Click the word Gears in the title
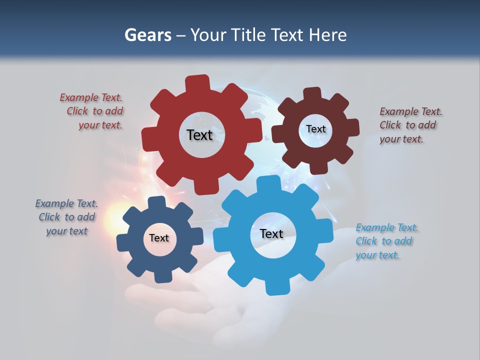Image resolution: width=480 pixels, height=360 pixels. (147, 35)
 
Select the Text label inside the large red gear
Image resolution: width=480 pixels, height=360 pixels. (199, 135)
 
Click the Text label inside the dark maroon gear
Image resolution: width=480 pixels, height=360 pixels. (315, 129)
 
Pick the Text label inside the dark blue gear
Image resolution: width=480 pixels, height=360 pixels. (159, 238)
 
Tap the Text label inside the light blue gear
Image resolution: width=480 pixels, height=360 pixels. (271, 233)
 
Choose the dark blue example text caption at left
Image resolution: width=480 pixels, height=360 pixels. (66, 217)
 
